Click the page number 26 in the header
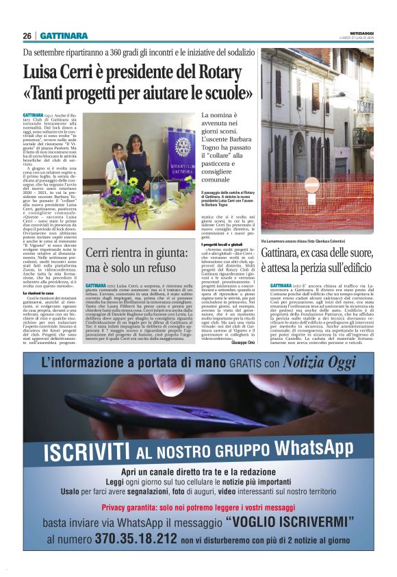point(27,36)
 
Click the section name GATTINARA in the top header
point(64,36)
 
